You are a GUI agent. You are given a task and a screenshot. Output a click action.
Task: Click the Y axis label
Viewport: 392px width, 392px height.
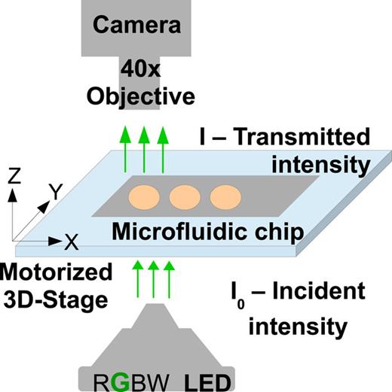click(56, 193)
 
